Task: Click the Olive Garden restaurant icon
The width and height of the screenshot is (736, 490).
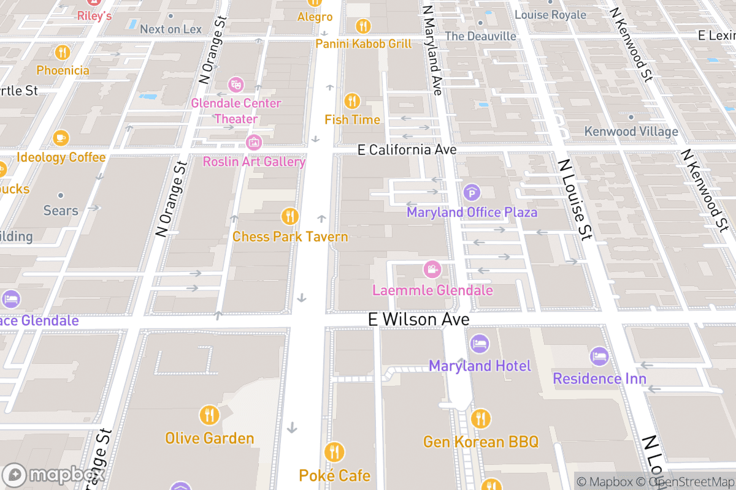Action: [x=209, y=416]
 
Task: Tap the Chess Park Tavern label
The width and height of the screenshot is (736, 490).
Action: [x=290, y=237]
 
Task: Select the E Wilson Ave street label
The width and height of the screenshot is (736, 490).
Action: [x=418, y=319]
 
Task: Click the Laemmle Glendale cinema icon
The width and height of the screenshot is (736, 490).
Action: [x=432, y=269]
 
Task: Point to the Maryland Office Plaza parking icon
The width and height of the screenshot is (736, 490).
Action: [x=472, y=193]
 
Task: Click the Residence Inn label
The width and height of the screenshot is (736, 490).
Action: [x=599, y=379]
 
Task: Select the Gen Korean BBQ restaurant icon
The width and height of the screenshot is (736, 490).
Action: [x=481, y=419]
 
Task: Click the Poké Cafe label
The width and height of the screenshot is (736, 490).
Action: [x=334, y=475]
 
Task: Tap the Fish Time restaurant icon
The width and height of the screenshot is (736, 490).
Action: [x=352, y=100]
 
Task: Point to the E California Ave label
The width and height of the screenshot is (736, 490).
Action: [x=407, y=150]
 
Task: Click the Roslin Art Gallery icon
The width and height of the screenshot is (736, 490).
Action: [x=253, y=143]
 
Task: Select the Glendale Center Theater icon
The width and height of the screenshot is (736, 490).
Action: [x=236, y=84]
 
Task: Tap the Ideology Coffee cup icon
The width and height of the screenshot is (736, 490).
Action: [x=61, y=138]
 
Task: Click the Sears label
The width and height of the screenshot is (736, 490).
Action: [x=61, y=211]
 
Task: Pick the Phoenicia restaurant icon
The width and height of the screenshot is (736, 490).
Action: [x=63, y=52]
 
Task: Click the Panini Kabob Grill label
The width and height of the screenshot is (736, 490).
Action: [x=363, y=44]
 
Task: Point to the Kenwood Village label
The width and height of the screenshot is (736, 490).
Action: [x=631, y=132]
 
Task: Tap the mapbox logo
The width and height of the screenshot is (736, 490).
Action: [x=53, y=475]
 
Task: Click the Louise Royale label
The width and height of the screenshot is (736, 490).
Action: [x=550, y=15]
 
